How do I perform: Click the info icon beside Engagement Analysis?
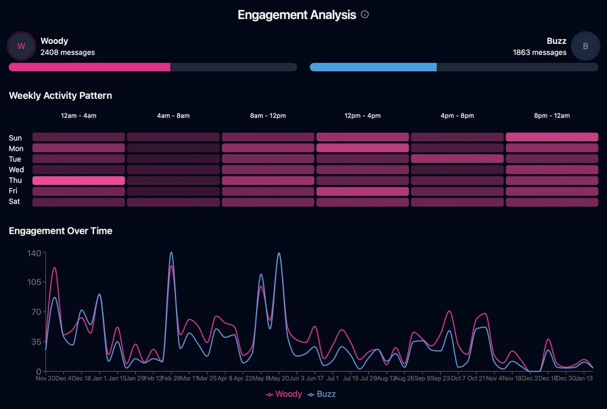[365, 15]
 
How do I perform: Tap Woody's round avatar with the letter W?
[21, 46]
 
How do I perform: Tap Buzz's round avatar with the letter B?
[585, 46]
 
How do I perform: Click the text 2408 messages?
[67, 52]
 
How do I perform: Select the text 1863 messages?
[540, 52]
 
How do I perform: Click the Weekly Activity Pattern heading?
[60, 96]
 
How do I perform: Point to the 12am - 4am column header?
[79, 116]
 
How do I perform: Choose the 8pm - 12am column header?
[552, 116]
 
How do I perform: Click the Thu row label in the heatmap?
[15, 180]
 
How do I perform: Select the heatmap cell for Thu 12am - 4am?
[79, 180]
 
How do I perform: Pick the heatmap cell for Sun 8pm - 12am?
[552, 137]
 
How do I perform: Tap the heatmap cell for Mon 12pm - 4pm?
[363, 148]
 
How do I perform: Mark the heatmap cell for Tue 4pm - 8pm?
[457, 159]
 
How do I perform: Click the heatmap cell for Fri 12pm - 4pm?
[363, 191]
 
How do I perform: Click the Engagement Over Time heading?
[61, 231]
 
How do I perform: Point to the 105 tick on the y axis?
[34, 282]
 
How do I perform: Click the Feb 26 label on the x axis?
[171, 378]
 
